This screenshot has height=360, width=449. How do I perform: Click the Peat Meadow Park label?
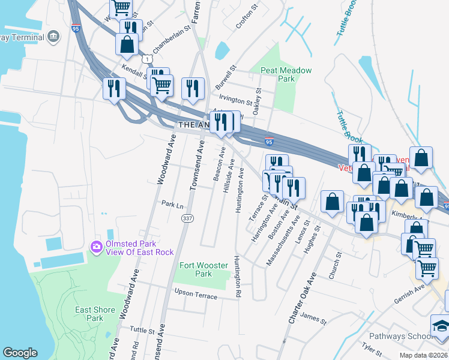[x=286, y=74]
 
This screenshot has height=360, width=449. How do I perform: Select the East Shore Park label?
[x=95, y=314]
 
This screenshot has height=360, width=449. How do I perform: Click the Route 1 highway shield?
[x=147, y=58]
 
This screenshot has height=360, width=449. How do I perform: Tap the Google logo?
[x=20, y=353]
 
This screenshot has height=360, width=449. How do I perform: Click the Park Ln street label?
[x=172, y=204]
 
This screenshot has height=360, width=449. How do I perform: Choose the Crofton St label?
[x=246, y=16]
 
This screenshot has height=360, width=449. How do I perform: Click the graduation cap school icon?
[x=441, y=327]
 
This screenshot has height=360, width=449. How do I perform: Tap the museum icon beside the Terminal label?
[x=53, y=37]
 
